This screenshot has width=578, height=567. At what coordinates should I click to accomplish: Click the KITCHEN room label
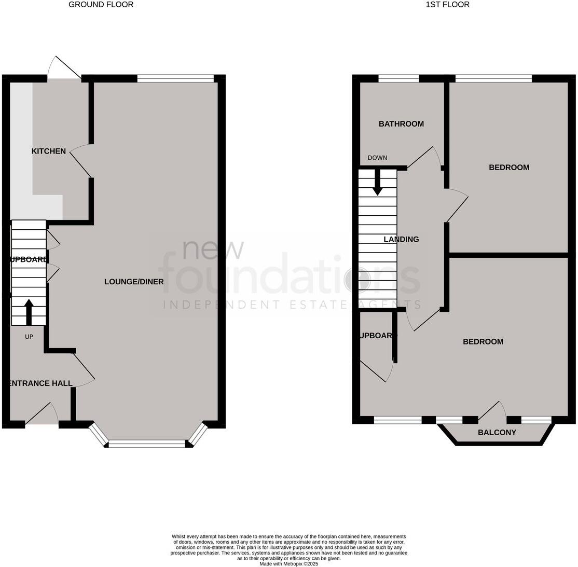tap(49, 151)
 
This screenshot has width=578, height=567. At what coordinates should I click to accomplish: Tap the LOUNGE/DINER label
tap(134, 282)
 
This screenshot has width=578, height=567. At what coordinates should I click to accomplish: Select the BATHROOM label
tap(401, 124)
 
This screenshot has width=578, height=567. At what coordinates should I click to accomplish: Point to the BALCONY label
tap(497, 433)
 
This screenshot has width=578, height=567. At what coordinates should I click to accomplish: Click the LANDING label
tap(401, 240)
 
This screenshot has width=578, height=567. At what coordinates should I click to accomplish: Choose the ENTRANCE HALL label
tap(40, 383)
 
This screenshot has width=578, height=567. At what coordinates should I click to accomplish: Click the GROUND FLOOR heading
tap(101, 5)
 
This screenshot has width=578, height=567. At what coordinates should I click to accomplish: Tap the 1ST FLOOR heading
tap(447, 5)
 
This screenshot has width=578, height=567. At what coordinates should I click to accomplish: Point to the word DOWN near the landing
tap(377, 158)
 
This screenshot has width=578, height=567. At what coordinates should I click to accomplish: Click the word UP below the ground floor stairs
tap(29, 337)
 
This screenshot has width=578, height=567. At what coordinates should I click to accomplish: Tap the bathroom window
tap(398, 79)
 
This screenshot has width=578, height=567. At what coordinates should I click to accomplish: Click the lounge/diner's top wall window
tap(175, 79)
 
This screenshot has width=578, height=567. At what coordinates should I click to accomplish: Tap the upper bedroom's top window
tap(493, 79)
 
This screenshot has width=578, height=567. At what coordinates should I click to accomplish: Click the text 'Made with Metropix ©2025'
tap(288, 564)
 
